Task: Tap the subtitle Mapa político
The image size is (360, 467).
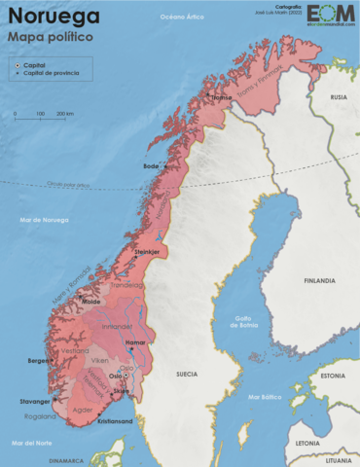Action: (x=50, y=36)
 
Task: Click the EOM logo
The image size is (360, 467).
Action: (x=332, y=15)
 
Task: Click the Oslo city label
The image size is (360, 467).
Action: (x=114, y=376)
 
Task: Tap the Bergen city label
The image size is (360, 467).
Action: (x=38, y=361)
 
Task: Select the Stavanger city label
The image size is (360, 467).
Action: (x=34, y=401)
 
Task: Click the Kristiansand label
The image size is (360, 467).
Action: (x=114, y=422)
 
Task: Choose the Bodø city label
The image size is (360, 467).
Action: (x=151, y=166)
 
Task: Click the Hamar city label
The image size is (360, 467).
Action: (x=136, y=343)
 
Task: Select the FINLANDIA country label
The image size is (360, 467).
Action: (x=318, y=280)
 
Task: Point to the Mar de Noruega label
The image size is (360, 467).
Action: (x=44, y=220)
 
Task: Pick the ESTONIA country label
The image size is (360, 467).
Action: (x=333, y=376)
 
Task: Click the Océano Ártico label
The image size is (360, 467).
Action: (x=182, y=18)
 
